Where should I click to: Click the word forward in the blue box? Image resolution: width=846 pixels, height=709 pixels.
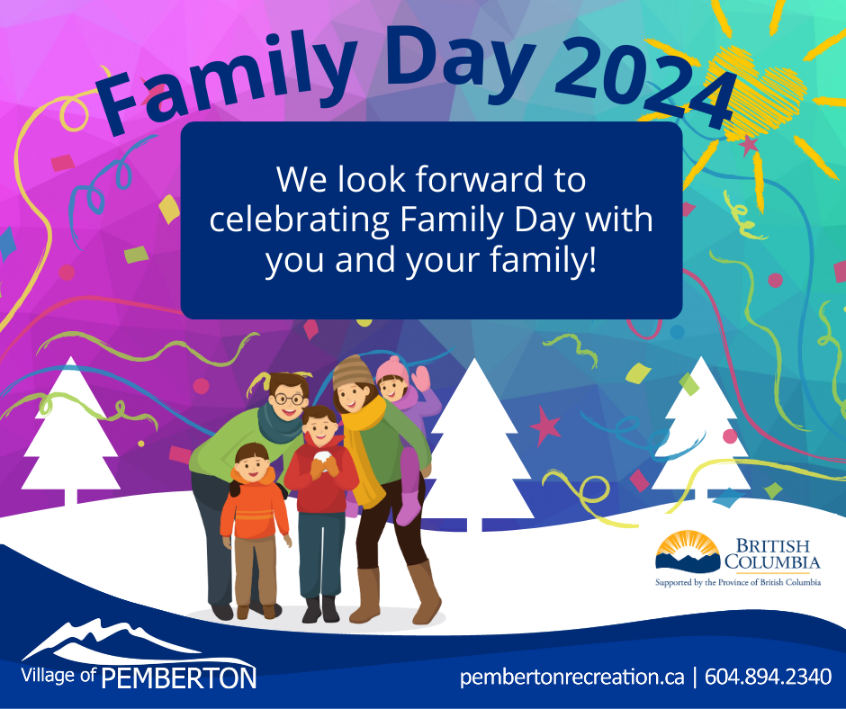click(479, 179)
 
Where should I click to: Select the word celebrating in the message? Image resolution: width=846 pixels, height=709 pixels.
click(299, 220)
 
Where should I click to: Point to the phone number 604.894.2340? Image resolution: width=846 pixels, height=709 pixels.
click(768, 676)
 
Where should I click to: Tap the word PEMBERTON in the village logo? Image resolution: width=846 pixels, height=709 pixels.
click(178, 678)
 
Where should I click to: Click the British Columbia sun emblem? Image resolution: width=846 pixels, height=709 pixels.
click(688, 551)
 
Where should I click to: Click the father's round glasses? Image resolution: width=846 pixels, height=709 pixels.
click(290, 399)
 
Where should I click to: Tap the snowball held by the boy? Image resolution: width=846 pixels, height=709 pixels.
click(322, 458)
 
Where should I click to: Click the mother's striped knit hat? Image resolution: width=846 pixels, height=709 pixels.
click(352, 372)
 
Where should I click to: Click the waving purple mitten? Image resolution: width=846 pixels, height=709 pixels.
click(421, 379)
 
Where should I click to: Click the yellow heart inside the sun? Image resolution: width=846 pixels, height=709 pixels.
click(755, 93)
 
